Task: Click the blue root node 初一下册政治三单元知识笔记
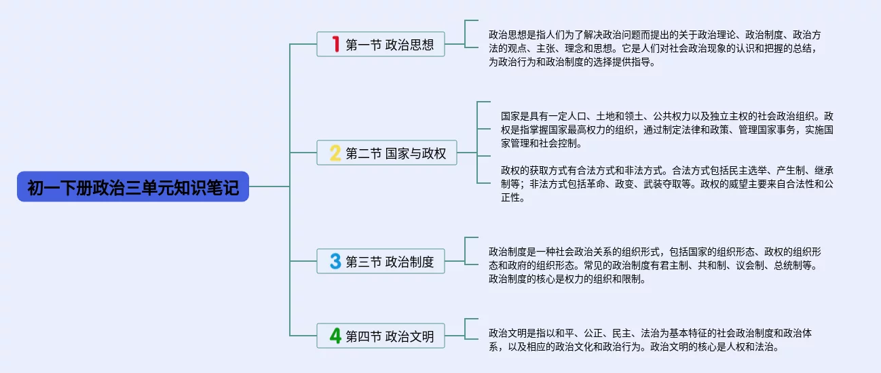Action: [x=133, y=186]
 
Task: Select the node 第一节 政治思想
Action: [x=380, y=44]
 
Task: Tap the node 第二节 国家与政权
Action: [x=386, y=153]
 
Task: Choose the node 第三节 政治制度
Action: [x=380, y=261]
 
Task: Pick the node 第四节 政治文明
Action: [x=380, y=336]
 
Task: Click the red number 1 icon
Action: [x=335, y=45]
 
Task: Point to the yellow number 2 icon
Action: [x=335, y=153]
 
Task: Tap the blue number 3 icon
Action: [x=335, y=261]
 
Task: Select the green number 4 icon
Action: [x=335, y=336]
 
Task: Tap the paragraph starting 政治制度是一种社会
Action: [x=656, y=264]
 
